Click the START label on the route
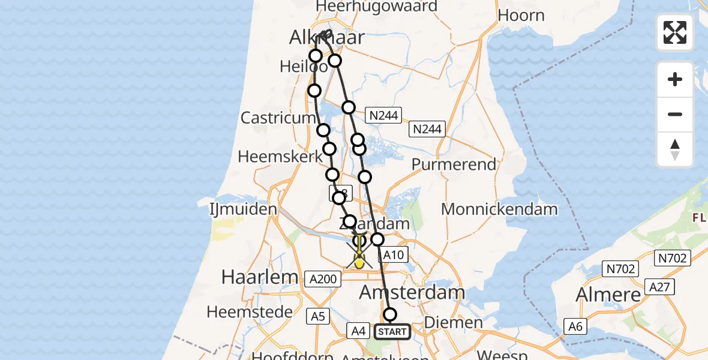(x=392, y=331)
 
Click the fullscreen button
(x=675, y=32)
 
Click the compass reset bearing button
(x=675, y=149)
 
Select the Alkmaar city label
(x=327, y=38)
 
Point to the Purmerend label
(x=454, y=164)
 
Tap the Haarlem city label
(x=260, y=277)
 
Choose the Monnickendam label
(x=499, y=209)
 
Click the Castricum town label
(x=278, y=118)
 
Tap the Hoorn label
(x=521, y=15)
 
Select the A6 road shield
(x=575, y=326)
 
